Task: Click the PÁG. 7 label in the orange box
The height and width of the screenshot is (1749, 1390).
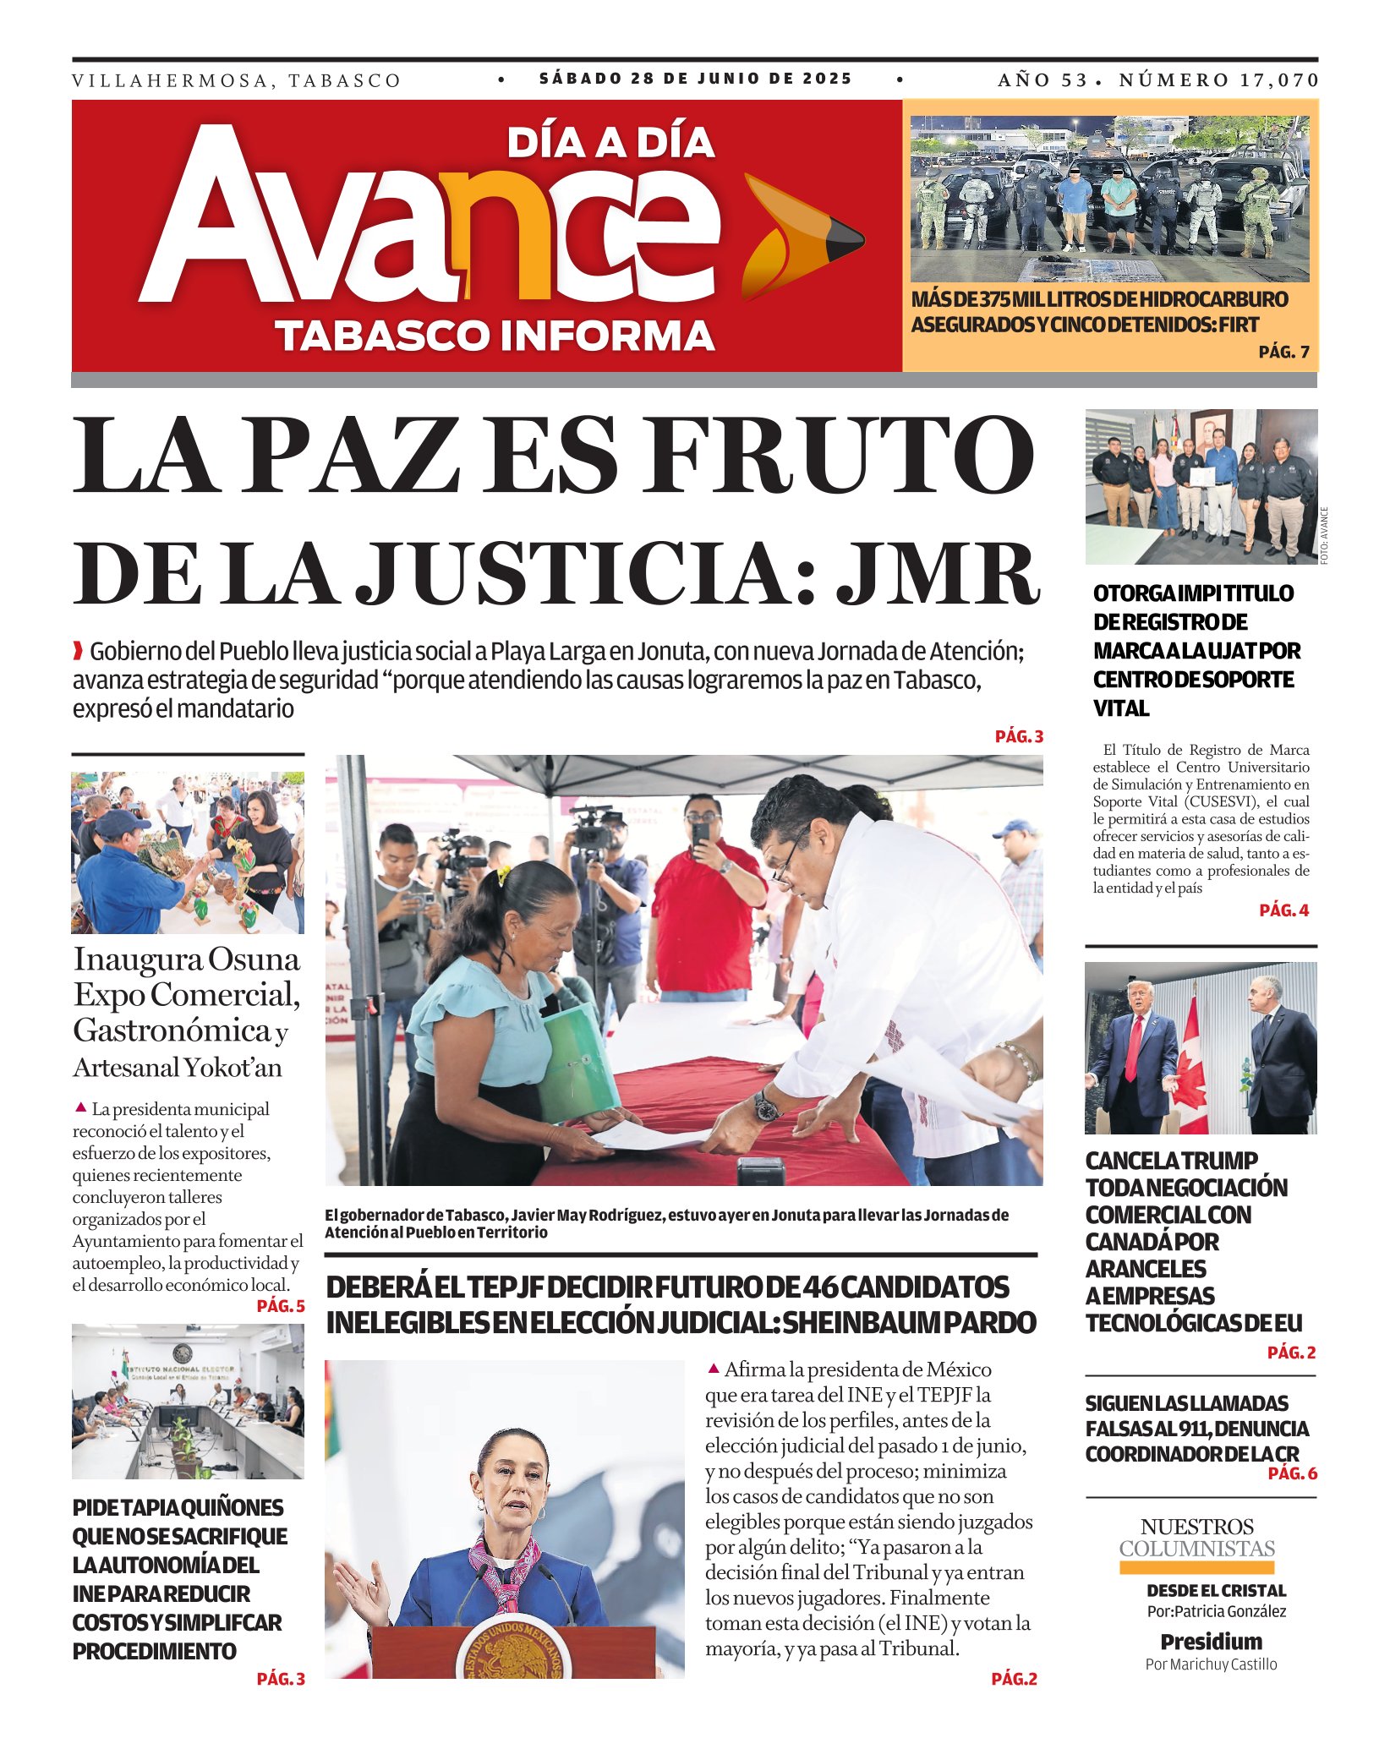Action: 1283,353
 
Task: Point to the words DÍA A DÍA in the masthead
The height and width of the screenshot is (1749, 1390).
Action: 610,143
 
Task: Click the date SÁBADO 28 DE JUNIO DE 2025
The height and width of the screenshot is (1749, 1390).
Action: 696,79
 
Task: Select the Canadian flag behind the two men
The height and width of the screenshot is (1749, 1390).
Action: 1192,1069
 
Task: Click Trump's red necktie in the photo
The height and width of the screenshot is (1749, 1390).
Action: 1133,1048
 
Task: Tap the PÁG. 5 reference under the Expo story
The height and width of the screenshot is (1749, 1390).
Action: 281,1306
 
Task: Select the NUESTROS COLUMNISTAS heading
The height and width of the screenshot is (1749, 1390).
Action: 1196,1538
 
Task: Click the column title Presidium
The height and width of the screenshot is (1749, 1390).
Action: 1211,1642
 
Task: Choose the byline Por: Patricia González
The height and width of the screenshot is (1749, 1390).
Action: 1216,1611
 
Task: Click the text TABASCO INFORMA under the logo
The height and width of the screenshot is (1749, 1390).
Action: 495,336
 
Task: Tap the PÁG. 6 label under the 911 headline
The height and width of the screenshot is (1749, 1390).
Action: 1292,1473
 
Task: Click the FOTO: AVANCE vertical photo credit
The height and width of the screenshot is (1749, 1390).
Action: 1324,535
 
